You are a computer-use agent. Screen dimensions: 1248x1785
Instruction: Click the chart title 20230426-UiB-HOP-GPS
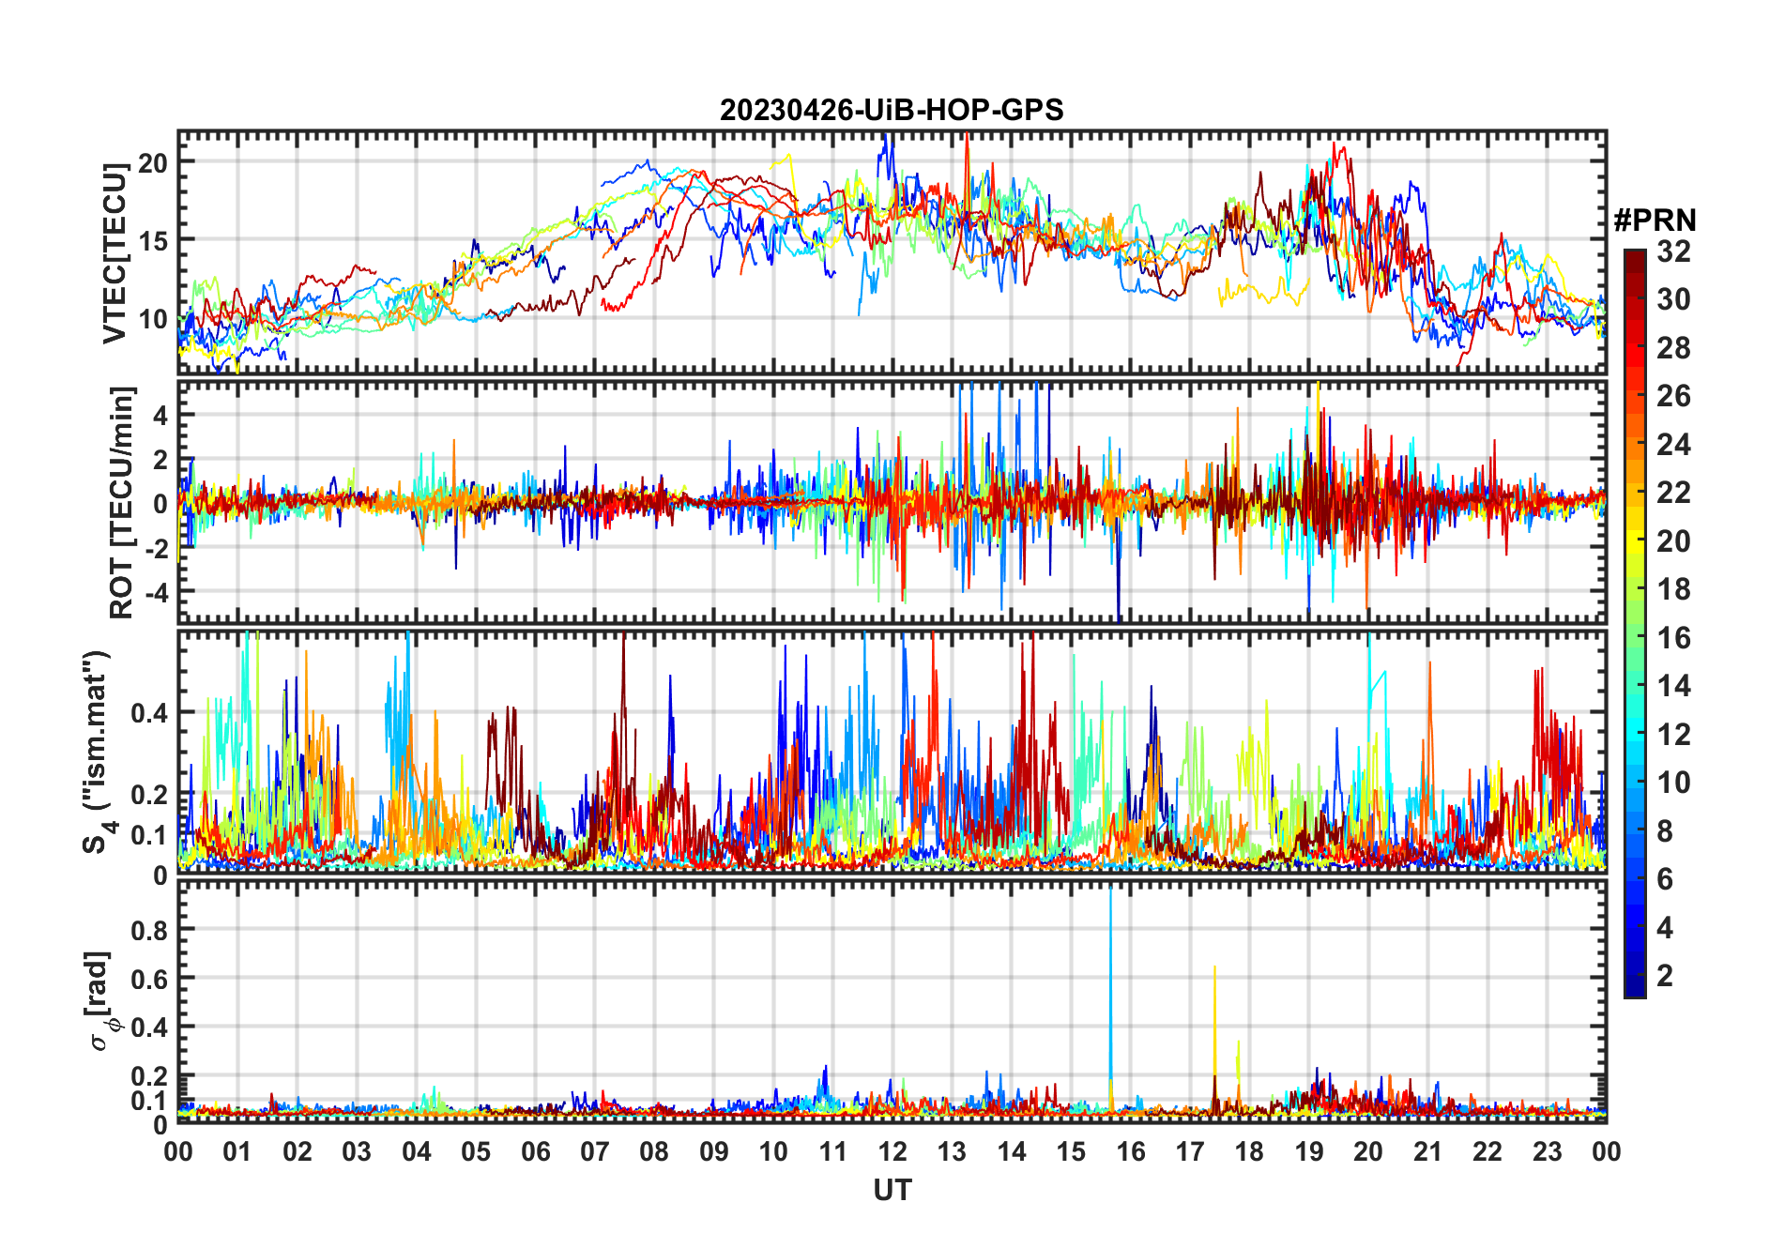tap(892, 111)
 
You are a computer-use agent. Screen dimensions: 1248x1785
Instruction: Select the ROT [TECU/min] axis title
tap(122, 502)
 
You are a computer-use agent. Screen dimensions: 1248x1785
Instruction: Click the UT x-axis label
tap(892, 1191)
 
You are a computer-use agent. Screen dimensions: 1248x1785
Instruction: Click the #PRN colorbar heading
tap(1655, 221)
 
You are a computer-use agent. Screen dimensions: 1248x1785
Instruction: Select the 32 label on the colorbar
tap(1673, 251)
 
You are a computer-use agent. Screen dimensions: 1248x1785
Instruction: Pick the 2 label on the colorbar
tap(1665, 976)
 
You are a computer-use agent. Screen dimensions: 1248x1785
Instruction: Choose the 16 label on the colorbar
tap(1673, 638)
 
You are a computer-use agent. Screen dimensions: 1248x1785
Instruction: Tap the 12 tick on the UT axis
tap(892, 1152)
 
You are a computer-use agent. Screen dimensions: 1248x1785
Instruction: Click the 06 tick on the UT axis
tap(536, 1152)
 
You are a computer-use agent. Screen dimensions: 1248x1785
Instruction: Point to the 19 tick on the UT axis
tap(1309, 1152)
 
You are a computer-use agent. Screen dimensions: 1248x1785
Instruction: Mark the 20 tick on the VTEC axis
tap(153, 162)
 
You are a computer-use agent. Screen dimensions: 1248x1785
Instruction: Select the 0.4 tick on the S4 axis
tap(149, 712)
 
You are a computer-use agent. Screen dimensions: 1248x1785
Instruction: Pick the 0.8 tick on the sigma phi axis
tap(149, 930)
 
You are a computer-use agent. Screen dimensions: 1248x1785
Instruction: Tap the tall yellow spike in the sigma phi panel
tap(1214, 1023)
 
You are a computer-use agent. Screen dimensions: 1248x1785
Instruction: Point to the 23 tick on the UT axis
tap(1547, 1152)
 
